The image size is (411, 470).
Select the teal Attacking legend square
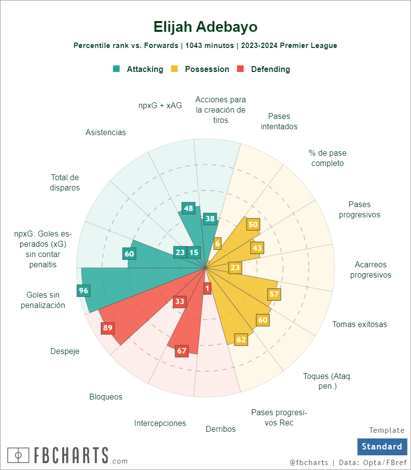tap(116, 69)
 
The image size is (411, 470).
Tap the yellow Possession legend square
tap(174, 69)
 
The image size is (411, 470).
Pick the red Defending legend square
tap(240, 69)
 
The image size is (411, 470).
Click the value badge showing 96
tap(84, 290)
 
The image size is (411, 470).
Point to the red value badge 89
tap(108, 328)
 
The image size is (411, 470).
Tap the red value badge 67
tap(182, 351)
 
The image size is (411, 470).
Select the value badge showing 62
tap(241, 339)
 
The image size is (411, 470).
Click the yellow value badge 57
tap(274, 294)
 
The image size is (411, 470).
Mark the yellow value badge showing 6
tap(218, 243)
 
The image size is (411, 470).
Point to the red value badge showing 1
tap(207, 288)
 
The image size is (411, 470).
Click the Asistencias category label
tap(106, 133)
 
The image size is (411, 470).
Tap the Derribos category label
tap(221, 429)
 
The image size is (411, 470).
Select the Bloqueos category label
tap(106, 397)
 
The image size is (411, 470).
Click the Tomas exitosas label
tap(360, 324)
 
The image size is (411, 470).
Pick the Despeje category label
tap(65, 351)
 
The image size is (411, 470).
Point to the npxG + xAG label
tap(160, 105)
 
